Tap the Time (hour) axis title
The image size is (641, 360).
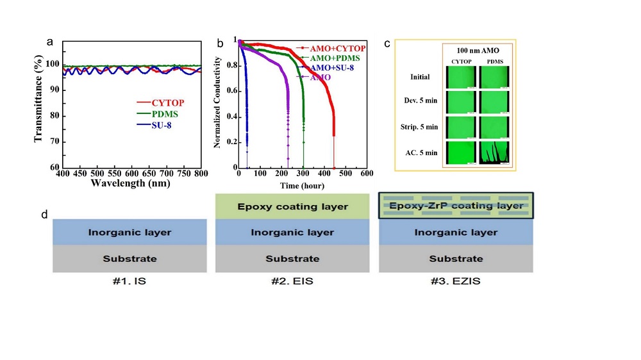tap(302, 186)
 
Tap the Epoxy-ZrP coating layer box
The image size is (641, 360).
tap(455, 206)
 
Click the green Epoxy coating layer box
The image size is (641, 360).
tap(292, 206)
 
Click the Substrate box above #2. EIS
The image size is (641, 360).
tap(292, 259)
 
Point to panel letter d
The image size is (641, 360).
tap(45, 214)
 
